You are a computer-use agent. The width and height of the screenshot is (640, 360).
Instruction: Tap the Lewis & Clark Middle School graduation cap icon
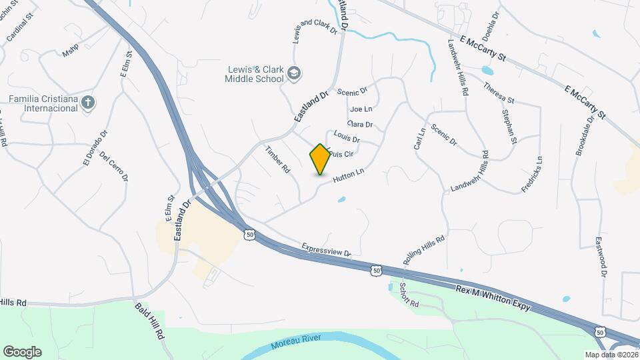click(x=295, y=75)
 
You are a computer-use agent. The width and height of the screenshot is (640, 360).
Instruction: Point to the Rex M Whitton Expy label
click(x=493, y=298)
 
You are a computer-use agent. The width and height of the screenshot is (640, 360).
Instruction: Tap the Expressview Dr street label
click(x=326, y=249)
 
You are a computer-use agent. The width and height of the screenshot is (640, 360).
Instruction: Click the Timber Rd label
click(x=278, y=159)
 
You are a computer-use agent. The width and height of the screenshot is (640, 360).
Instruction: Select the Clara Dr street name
click(x=360, y=124)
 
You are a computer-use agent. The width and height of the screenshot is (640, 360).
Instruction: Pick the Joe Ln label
click(x=360, y=109)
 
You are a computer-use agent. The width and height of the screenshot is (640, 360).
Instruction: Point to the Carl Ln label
click(x=420, y=139)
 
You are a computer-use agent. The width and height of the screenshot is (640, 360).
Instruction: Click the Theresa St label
click(x=499, y=92)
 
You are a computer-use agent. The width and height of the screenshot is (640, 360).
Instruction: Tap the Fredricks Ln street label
click(x=532, y=175)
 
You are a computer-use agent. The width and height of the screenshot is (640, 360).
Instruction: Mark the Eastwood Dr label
click(x=601, y=256)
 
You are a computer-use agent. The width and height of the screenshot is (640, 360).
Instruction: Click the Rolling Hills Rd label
click(x=423, y=249)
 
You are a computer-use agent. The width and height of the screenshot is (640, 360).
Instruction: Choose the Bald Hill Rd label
click(x=150, y=321)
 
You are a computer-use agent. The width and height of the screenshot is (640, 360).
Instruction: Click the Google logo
click(x=22, y=351)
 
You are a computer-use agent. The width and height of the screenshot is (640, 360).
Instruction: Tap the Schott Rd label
click(x=408, y=294)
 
